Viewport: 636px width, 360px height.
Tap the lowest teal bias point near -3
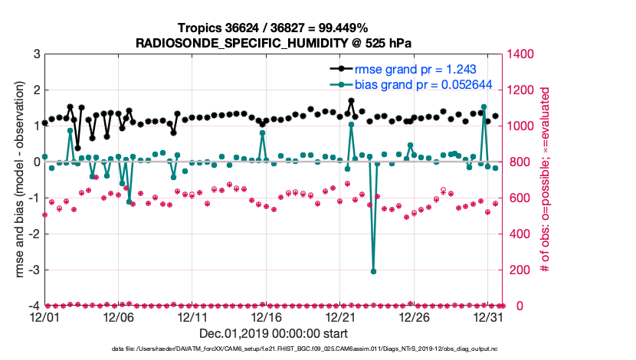tap(373, 271)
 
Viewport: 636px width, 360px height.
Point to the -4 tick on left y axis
tap(34, 306)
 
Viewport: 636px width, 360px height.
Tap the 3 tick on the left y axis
tap(36, 54)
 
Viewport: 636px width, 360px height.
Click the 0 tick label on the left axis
tap(36, 162)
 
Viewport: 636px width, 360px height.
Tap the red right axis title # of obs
tap(544, 180)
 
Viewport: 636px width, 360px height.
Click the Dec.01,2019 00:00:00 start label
tap(274, 333)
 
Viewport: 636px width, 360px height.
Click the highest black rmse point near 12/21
tap(351, 100)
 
